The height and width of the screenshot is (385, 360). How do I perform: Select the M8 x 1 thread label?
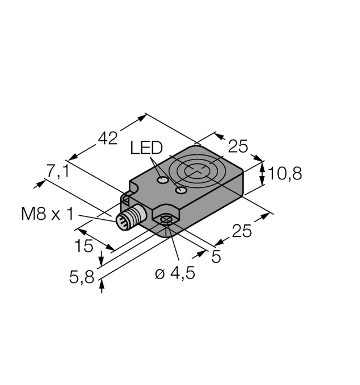(x=47, y=214)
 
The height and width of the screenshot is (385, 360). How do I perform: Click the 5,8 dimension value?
(x=81, y=277)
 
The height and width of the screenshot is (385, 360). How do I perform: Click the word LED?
(x=146, y=149)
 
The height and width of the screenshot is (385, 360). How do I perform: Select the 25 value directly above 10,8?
(x=238, y=147)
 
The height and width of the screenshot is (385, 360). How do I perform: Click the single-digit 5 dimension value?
(x=216, y=256)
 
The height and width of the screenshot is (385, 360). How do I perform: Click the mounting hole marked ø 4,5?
(x=166, y=220)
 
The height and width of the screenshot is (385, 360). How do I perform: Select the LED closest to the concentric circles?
(x=182, y=190)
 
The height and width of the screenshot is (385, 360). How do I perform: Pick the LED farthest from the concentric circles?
(x=163, y=181)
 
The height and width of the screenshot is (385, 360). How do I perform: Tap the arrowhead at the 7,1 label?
(x=41, y=183)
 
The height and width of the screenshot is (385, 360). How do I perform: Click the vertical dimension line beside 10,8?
(x=263, y=174)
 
